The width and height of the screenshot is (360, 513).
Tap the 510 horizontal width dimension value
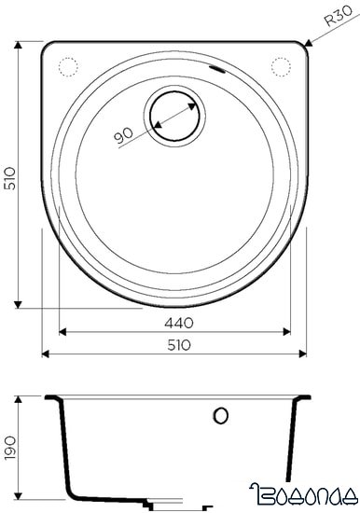point(179,345)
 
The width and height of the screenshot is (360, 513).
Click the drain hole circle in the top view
point(174,118)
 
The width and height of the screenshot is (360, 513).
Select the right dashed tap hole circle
point(283,64)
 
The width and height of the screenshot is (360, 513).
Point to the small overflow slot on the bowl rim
point(217,71)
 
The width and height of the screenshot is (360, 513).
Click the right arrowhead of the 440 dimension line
point(290,331)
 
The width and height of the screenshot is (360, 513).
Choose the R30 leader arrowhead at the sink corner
point(307,42)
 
